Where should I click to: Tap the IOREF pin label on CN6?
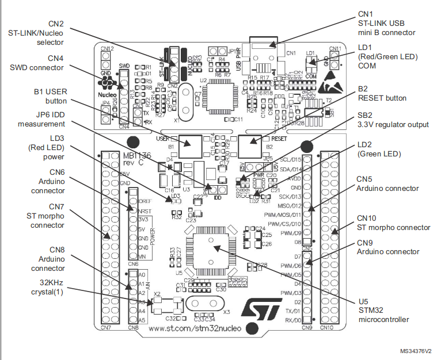click(x=145, y=201)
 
